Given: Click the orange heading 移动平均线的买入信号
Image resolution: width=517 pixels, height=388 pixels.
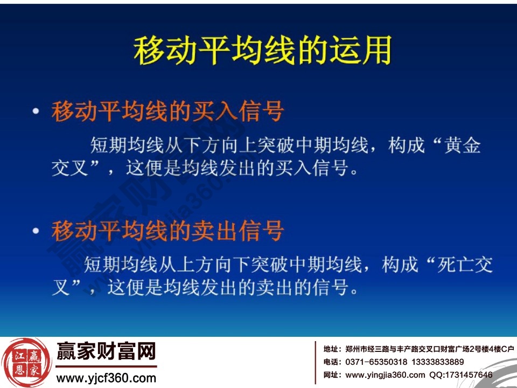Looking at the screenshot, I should tap(167, 113).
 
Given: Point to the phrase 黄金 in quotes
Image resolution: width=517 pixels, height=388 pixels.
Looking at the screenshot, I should tap(463, 146).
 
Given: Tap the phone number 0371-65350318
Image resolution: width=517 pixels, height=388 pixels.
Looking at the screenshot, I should tap(378, 362).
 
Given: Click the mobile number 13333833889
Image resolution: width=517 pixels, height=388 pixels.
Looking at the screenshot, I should tap(437, 362).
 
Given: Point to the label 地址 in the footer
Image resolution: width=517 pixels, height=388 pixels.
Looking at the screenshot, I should tap(331, 349).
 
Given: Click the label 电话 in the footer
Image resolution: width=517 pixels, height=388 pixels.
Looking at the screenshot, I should tap(331, 362).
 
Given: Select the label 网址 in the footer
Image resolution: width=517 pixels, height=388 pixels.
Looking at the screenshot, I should tap(331, 375).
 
